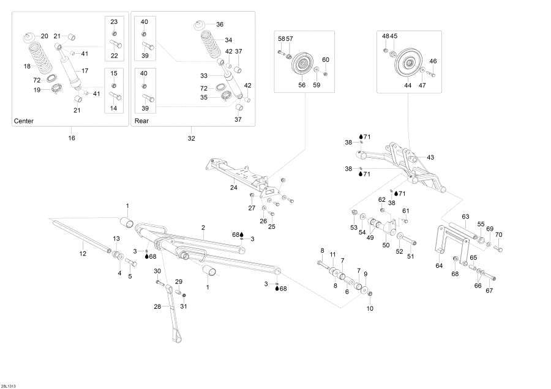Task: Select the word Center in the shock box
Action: point(23,121)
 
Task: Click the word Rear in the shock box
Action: point(141,121)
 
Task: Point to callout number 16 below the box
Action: point(71,138)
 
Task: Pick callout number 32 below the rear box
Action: point(191,138)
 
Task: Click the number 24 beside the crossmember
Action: point(234,188)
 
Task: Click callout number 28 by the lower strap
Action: point(157,306)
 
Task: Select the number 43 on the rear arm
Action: point(430,158)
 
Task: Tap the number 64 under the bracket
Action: point(438,266)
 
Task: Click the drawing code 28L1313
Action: point(9,385)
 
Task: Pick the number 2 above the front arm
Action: point(203,227)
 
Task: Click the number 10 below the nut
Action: point(369,308)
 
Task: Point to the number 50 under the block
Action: point(386,245)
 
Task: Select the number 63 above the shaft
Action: point(465,217)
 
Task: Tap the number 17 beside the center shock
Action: point(85,70)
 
